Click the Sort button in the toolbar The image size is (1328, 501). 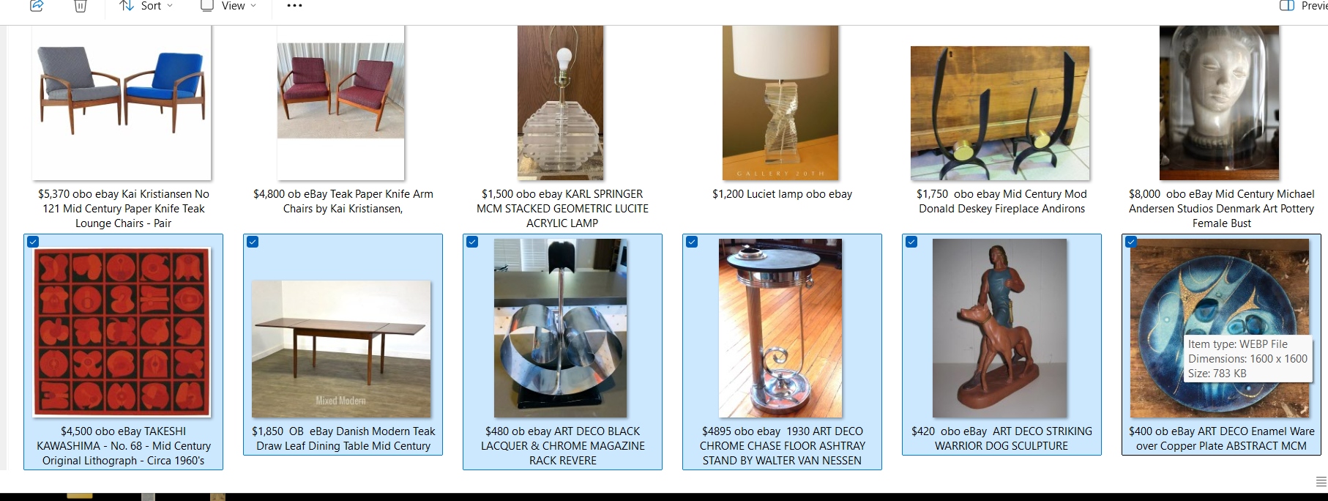(x=146, y=6)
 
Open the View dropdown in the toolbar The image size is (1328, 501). (x=229, y=6)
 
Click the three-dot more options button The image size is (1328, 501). (x=294, y=6)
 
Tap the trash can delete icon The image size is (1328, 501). (x=81, y=6)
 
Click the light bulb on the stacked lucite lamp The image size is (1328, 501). (x=564, y=59)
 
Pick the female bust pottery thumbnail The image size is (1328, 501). (x=1220, y=103)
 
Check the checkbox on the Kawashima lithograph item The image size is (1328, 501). (x=33, y=242)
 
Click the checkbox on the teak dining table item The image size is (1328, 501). (x=253, y=242)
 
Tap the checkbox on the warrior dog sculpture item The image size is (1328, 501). (x=911, y=242)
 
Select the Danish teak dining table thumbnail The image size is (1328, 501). (x=342, y=349)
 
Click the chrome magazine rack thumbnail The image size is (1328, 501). (x=561, y=328)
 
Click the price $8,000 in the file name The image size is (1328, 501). (x=1144, y=194)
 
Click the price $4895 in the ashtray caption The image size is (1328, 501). (x=716, y=431)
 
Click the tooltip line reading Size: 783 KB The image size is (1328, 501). (x=1217, y=374)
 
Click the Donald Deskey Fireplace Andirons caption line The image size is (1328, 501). (x=1001, y=209)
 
